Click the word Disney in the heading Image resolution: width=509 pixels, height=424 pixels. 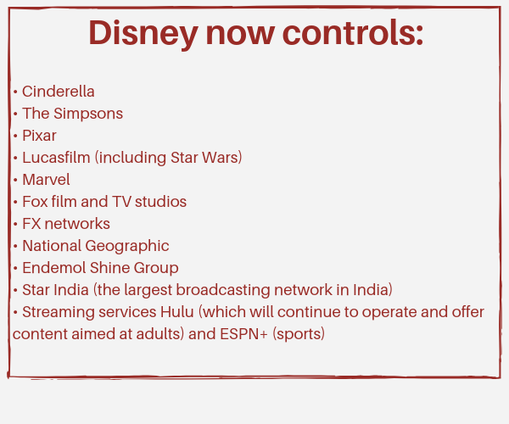tap(143, 34)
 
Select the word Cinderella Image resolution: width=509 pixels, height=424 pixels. tap(59, 92)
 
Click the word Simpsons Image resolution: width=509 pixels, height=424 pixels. tap(88, 114)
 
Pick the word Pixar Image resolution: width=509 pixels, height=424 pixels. tap(39, 136)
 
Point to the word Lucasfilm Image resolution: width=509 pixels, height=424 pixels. tap(56, 158)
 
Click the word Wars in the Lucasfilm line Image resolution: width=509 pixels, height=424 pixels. tap(221, 158)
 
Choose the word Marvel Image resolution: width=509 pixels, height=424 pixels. tap(46, 180)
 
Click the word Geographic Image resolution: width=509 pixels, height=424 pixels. tap(127, 247)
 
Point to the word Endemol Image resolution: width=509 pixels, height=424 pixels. tap(54, 268)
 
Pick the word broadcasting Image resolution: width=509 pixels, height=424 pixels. tap(223, 291)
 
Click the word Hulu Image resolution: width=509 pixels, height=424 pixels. tap(177, 312)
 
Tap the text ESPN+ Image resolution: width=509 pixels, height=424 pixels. tap(243, 334)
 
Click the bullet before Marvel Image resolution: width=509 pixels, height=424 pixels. tap(15, 180)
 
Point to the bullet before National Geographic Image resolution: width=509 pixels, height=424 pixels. tap(15, 246)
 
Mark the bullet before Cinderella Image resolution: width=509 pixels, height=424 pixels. tap(15, 92)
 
